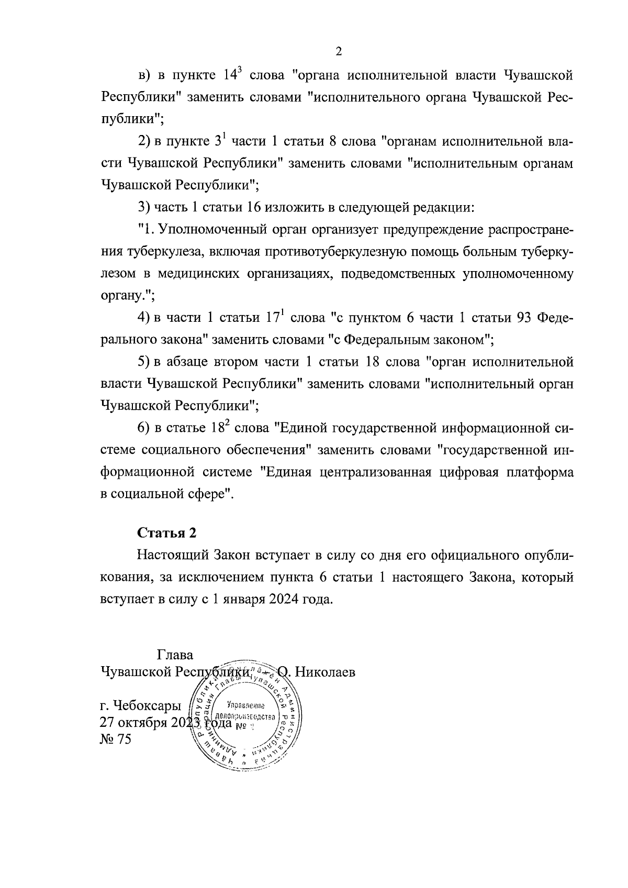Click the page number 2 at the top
[338, 51]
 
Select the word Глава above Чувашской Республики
[175, 655]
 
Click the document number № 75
[116, 739]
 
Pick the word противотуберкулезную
[307, 252]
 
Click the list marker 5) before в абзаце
[144, 362]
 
